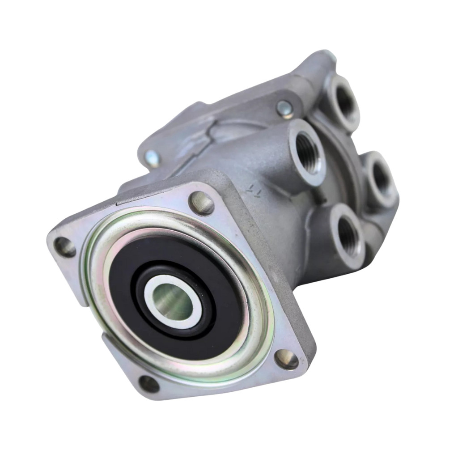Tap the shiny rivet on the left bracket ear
pyautogui.click(x=152, y=158)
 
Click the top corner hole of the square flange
pyautogui.click(x=202, y=203)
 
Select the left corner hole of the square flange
pyautogui.click(x=65, y=247)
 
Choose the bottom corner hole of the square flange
pyautogui.click(x=149, y=384)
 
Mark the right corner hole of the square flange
pyautogui.click(x=286, y=359)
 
